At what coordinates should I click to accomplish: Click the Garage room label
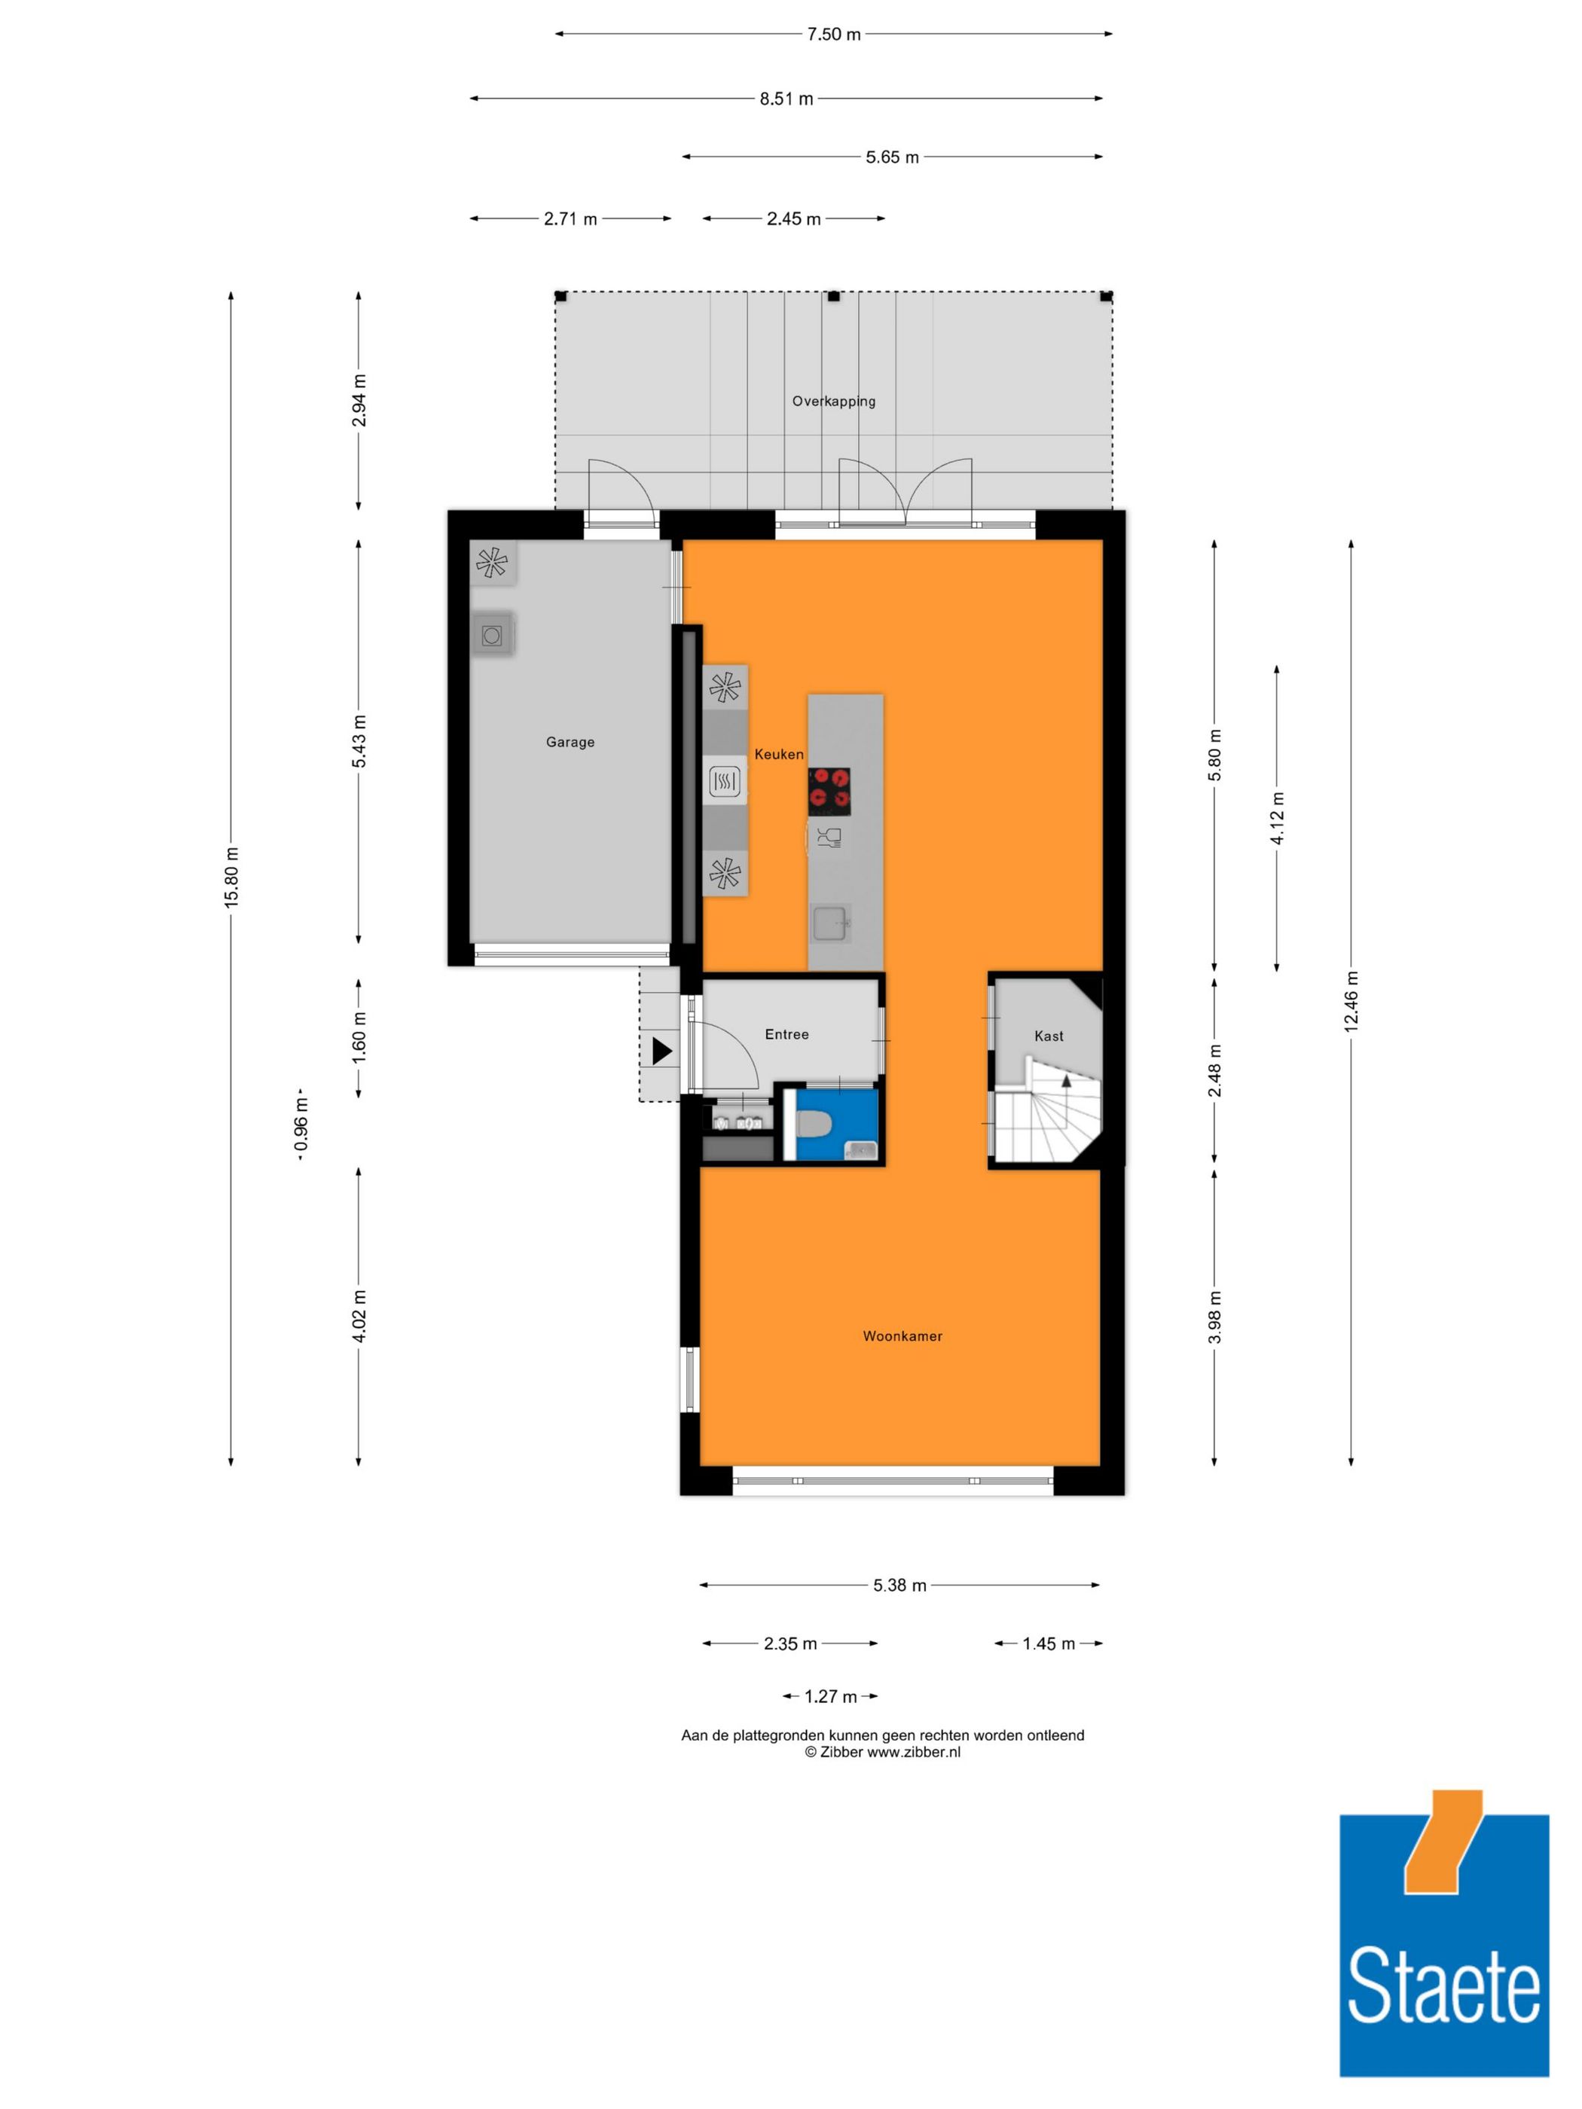pyautogui.click(x=570, y=742)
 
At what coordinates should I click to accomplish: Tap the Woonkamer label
pyautogui.click(x=902, y=1335)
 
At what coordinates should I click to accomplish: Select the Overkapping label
pyautogui.click(x=833, y=401)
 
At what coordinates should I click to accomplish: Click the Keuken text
pyautogui.click(x=778, y=754)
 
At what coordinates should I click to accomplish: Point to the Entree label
pyautogui.click(x=786, y=1034)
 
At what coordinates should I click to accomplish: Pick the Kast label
pyautogui.click(x=1048, y=1036)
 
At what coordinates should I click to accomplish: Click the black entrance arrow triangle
pyautogui.click(x=661, y=1051)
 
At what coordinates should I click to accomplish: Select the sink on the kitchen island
pyautogui.click(x=829, y=923)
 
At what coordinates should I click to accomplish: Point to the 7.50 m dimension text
pyautogui.click(x=833, y=35)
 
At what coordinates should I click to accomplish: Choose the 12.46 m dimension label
pyautogui.click(x=1350, y=1001)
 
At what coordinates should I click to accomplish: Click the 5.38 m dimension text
pyautogui.click(x=899, y=1586)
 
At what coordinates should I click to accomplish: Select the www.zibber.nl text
pyautogui.click(x=912, y=1751)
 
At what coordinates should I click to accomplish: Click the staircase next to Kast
pyautogui.click(x=1049, y=1116)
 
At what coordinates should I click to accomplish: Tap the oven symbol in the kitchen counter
pyautogui.click(x=725, y=783)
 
